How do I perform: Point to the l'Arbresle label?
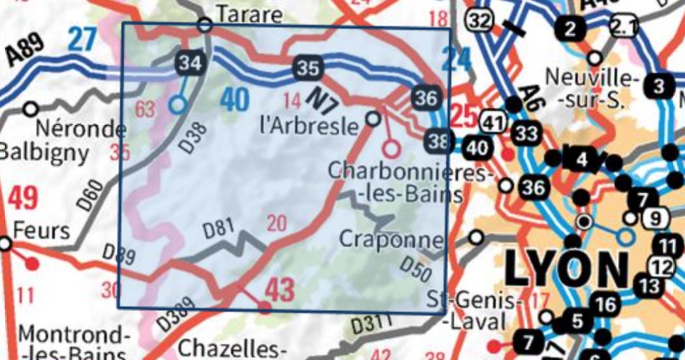coord(309,125)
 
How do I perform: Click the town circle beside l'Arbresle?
coord(373,118)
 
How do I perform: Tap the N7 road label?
coord(320,98)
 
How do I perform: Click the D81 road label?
coord(218,230)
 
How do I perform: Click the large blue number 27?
coord(81,40)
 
